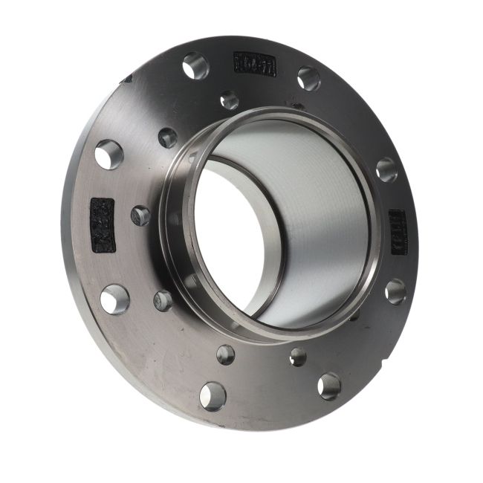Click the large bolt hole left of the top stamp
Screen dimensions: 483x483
tap(196, 65)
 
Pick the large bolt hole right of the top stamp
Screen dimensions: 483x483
tap(308, 78)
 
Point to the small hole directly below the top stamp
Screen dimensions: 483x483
tap(230, 100)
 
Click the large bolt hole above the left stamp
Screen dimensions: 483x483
tap(109, 155)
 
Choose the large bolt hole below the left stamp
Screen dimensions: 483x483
tap(114, 299)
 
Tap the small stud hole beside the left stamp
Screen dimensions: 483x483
tap(140, 215)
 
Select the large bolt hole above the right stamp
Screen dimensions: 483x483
tap(386, 169)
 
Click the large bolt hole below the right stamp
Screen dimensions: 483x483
tap(395, 291)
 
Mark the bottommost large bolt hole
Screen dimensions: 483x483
tap(213, 395)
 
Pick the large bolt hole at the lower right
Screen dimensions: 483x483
tap(329, 386)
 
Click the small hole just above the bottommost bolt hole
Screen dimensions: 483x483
tap(226, 354)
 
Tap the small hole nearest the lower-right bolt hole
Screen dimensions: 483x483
tap(298, 357)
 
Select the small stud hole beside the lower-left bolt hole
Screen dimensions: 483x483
tap(163, 300)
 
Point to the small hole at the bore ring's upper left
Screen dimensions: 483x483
tap(168, 137)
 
